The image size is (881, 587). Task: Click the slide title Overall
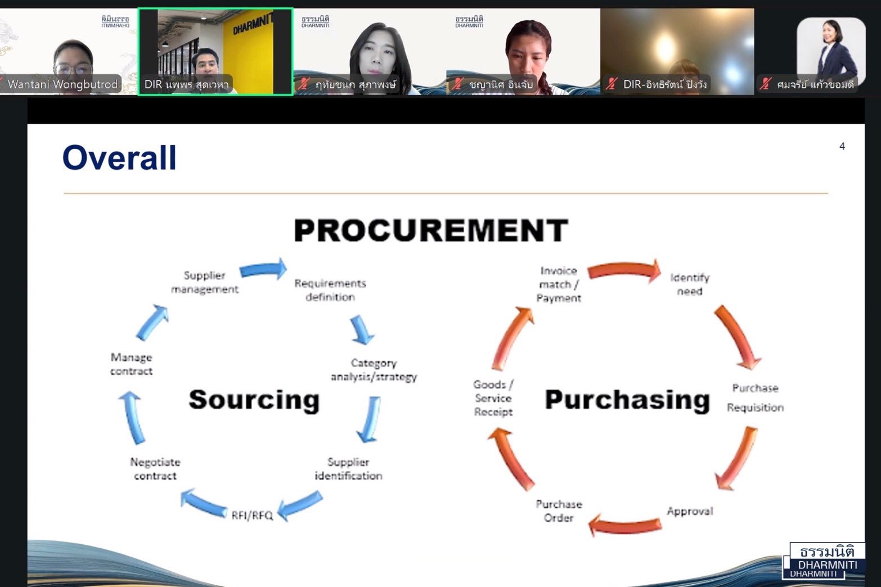click(119, 157)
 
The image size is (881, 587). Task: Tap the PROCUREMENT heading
click(431, 230)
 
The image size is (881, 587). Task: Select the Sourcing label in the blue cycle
click(254, 400)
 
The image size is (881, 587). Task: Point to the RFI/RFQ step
click(252, 515)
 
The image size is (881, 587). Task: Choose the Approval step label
click(690, 511)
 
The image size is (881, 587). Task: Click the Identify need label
click(690, 285)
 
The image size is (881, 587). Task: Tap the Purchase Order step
click(559, 511)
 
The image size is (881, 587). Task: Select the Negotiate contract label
click(155, 469)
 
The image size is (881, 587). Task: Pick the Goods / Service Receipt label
click(493, 398)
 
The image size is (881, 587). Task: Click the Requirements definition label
click(330, 290)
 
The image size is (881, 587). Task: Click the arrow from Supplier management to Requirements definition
click(263, 269)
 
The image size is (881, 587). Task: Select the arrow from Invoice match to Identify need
click(624, 270)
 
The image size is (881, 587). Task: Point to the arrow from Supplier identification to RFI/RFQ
click(300, 505)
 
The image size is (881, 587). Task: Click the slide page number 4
click(842, 146)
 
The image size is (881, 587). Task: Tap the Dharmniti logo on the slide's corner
click(824, 561)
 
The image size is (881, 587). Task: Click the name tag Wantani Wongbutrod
click(62, 84)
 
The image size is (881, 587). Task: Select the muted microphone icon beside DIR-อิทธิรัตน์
click(611, 84)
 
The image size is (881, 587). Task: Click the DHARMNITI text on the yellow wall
click(253, 24)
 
